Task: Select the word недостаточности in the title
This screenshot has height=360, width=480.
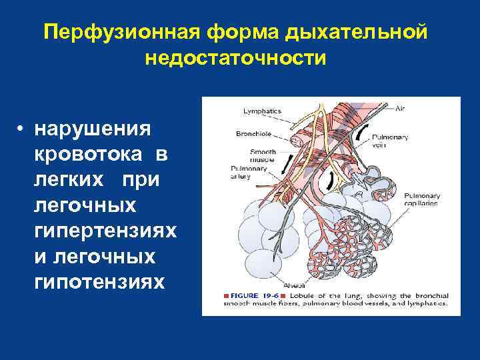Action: (235, 58)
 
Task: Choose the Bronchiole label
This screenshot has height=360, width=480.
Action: (254, 133)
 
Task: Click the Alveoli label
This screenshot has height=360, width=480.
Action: (293, 285)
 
